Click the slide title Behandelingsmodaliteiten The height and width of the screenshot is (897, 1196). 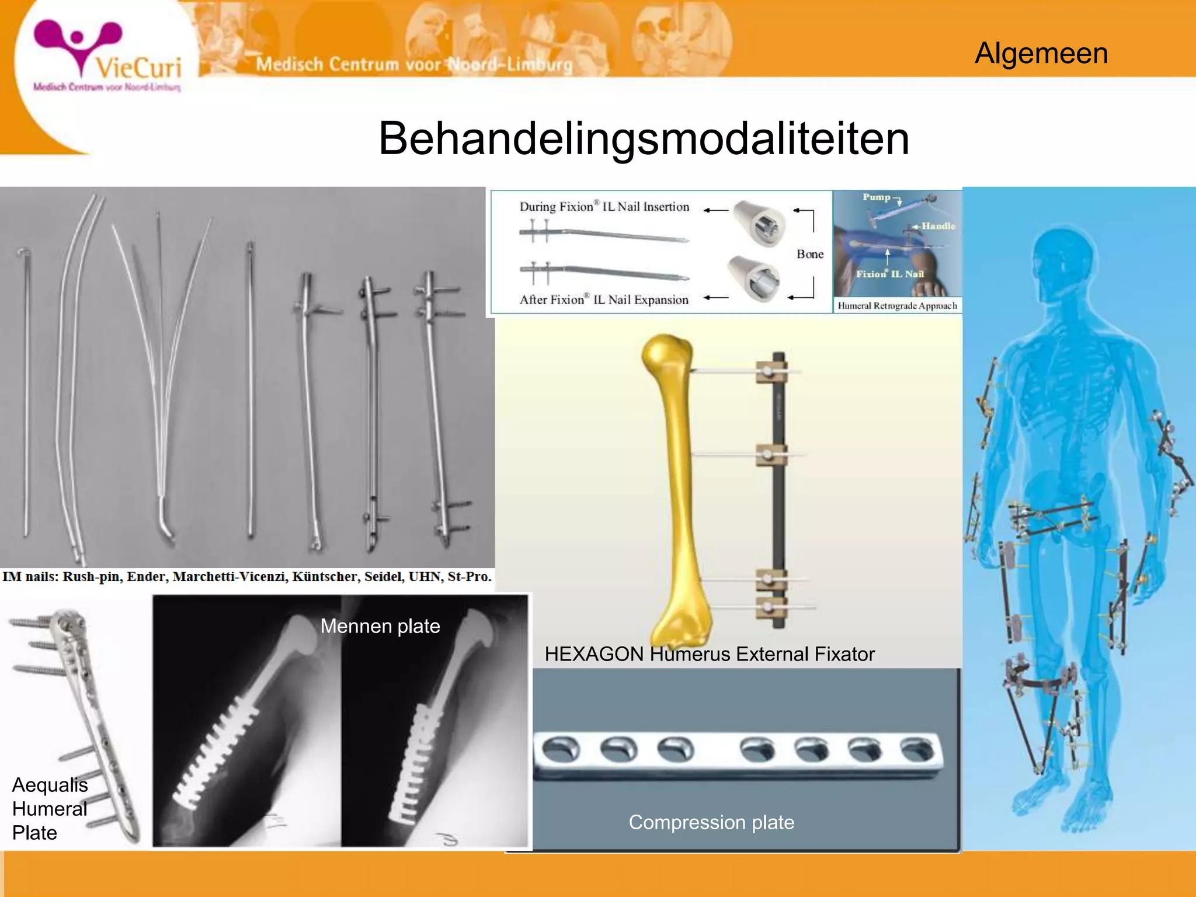pyautogui.click(x=644, y=139)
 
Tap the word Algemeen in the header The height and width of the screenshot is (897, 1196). pyautogui.click(x=1041, y=54)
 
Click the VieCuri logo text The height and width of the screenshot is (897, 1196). pyautogui.click(x=138, y=68)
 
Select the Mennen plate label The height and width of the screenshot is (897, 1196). pyautogui.click(x=380, y=626)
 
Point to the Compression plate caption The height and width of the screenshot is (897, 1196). pyautogui.click(x=711, y=822)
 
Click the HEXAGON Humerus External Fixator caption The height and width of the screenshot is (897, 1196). pyautogui.click(x=709, y=654)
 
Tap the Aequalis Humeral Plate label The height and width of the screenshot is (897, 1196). pyautogui.click(x=50, y=808)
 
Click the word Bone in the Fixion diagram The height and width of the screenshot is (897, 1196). pyautogui.click(x=810, y=254)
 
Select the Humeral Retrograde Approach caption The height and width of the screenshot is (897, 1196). pyautogui.click(x=897, y=305)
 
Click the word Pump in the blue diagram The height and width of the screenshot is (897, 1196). pyautogui.click(x=876, y=197)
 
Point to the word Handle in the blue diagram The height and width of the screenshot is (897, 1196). pyautogui.click(x=938, y=226)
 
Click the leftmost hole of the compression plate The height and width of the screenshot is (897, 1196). pyautogui.click(x=561, y=749)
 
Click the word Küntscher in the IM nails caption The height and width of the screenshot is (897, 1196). pyautogui.click(x=324, y=577)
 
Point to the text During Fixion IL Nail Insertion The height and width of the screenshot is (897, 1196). pyautogui.click(x=604, y=207)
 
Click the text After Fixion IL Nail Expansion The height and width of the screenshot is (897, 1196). pyautogui.click(x=604, y=300)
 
